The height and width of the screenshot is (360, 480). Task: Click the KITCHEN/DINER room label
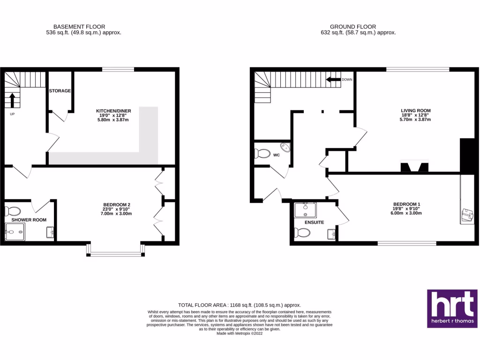click(112, 111)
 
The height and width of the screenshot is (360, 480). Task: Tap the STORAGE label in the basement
click(60, 90)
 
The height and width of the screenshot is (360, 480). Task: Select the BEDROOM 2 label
click(117, 204)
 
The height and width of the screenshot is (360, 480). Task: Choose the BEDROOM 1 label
click(407, 204)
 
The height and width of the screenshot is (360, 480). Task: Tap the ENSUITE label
click(314, 222)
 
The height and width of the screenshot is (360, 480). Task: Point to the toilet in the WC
click(262, 153)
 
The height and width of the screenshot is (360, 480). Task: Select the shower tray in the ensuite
click(305, 210)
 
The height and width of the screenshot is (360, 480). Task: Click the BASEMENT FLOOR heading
click(79, 27)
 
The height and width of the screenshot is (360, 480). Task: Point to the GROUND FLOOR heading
click(353, 27)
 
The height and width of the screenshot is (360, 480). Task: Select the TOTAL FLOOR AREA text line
click(240, 305)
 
